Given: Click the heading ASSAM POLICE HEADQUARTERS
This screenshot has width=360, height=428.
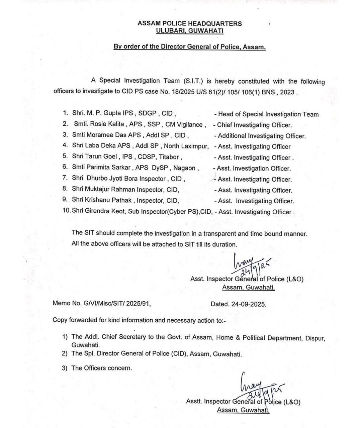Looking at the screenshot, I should (x=189, y=23).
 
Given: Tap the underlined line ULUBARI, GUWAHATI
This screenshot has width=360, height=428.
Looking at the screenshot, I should (x=189, y=31).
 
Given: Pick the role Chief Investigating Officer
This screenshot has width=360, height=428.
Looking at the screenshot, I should (x=254, y=125).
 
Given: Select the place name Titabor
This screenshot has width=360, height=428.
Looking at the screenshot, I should (x=170, y=157).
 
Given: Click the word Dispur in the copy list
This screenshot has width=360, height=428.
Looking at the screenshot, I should (x=315, y=338).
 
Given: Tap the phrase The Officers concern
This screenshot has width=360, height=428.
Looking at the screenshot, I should (x=102, y=368).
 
